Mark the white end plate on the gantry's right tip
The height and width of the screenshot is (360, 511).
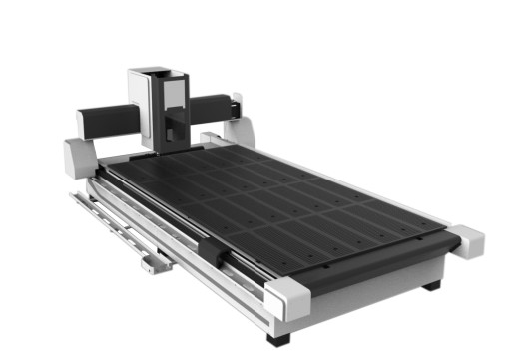(237, 104)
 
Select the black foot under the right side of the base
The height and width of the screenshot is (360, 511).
(431, 285)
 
